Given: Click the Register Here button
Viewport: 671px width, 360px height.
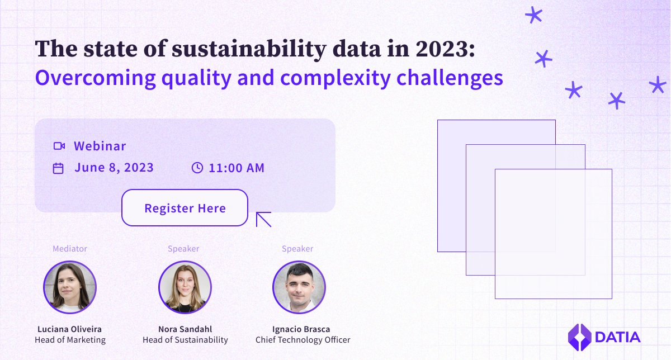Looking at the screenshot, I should pos(185,208).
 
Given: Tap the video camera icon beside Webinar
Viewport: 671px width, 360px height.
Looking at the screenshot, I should pos(59,146).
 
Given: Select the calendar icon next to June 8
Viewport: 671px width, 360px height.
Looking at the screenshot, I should pos(58,168).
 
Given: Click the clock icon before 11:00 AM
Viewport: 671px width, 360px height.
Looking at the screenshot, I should pos(197,168).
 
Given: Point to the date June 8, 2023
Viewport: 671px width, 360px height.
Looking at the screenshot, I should pos(114,168).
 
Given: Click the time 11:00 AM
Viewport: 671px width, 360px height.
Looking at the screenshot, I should pos(237,168).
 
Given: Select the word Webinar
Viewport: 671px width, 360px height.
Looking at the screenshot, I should pos(100,146).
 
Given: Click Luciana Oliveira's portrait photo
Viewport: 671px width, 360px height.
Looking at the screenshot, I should pos(70,287).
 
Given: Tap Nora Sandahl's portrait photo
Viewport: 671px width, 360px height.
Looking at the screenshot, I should pos(185,287).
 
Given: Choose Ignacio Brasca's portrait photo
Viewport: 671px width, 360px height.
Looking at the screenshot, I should pos(299,287).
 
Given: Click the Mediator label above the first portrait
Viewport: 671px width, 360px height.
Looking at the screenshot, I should pos(70,249).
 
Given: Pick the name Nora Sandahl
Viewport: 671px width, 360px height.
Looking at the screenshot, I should pos(185,329).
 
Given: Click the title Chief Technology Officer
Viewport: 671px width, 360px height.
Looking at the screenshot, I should pos(303,340).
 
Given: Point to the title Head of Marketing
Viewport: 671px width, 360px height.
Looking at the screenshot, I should pos(70,340).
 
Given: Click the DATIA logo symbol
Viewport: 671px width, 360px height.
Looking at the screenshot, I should pos(579,337).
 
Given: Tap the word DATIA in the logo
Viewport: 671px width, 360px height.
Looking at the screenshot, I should pos(617,337).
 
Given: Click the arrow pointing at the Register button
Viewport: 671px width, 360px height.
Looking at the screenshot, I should pos(263,219).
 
